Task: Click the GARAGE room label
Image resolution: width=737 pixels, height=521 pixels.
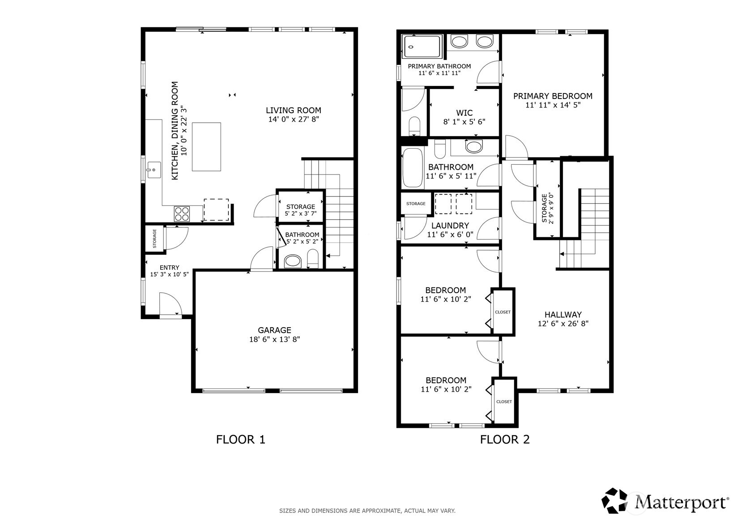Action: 274,330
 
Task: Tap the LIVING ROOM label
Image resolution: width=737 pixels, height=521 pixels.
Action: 294,110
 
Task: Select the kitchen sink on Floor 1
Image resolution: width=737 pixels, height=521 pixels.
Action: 154,170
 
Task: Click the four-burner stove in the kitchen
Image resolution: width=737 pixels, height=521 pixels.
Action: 182,214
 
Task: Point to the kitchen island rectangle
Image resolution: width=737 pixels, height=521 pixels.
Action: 206,147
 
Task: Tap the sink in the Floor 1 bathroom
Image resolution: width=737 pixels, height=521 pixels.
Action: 293,261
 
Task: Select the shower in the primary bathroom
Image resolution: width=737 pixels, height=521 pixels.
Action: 422,47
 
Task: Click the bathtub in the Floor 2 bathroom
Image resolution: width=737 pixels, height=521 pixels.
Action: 413,168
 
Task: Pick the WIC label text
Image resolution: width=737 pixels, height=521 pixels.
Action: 464,113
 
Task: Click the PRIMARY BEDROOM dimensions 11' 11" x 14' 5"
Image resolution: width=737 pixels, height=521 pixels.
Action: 553,105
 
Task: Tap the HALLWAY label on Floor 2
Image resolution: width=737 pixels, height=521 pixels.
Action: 563,315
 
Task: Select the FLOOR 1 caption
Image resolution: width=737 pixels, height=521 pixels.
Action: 240,440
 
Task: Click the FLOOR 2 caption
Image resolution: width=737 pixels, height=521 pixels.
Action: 505,440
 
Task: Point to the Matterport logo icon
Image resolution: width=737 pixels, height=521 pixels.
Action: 614,501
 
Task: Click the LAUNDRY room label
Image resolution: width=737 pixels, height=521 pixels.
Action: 450,226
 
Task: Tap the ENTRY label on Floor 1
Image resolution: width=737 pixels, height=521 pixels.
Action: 170,268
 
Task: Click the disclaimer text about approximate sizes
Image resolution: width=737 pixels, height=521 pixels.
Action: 367,511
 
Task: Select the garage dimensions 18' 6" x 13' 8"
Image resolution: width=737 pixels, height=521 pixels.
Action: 274,339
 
